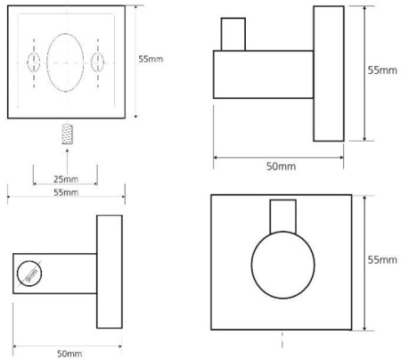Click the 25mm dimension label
click(x=66, y=179)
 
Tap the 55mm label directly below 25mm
click(x=66, y=192)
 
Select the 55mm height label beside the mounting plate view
click(x=151, y=59)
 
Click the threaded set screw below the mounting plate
click(x=68, y=134)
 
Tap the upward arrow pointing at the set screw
click(x=67, y=162)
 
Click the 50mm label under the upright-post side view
click(x=281, y=167)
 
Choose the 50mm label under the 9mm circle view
click(x=70, y=354)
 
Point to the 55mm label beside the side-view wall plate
click(x=382, y=70)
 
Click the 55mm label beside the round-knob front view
click(x=382, y=259)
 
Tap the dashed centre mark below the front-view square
click(x=282, y=340)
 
